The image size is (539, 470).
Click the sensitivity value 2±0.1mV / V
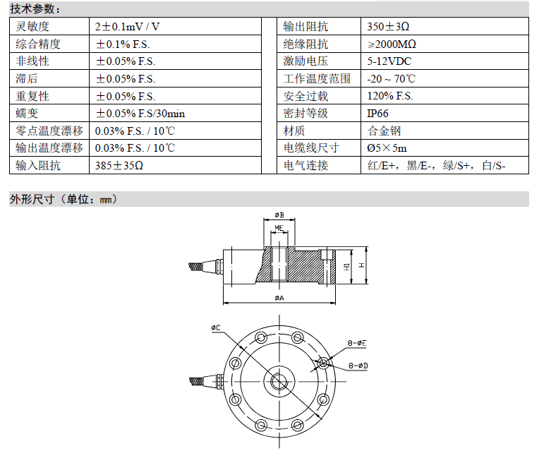[127, 27]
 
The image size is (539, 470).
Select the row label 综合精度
[38, 44]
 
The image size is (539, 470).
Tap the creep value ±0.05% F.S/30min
[140, 114]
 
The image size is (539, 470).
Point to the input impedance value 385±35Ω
[119, 165]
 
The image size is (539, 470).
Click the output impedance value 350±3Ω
[388, 27]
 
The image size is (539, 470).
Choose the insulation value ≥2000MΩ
[392, 44]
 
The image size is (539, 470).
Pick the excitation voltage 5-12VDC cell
[389, 61]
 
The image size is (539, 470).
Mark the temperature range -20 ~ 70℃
[391, 79]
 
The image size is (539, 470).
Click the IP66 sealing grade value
[377, 114]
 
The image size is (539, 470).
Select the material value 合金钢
[384, 131]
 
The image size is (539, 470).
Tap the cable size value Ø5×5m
[387, 148]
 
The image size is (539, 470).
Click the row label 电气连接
[305, 165]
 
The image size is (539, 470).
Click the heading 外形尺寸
[32, 199]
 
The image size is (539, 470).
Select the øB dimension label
[279, 215]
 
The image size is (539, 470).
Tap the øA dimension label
[279, 298]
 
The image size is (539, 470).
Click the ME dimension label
[279, 228]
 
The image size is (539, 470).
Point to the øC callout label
[216, 327]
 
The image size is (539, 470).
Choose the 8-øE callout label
[357, 343]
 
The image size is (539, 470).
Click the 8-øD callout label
[358, 366]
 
